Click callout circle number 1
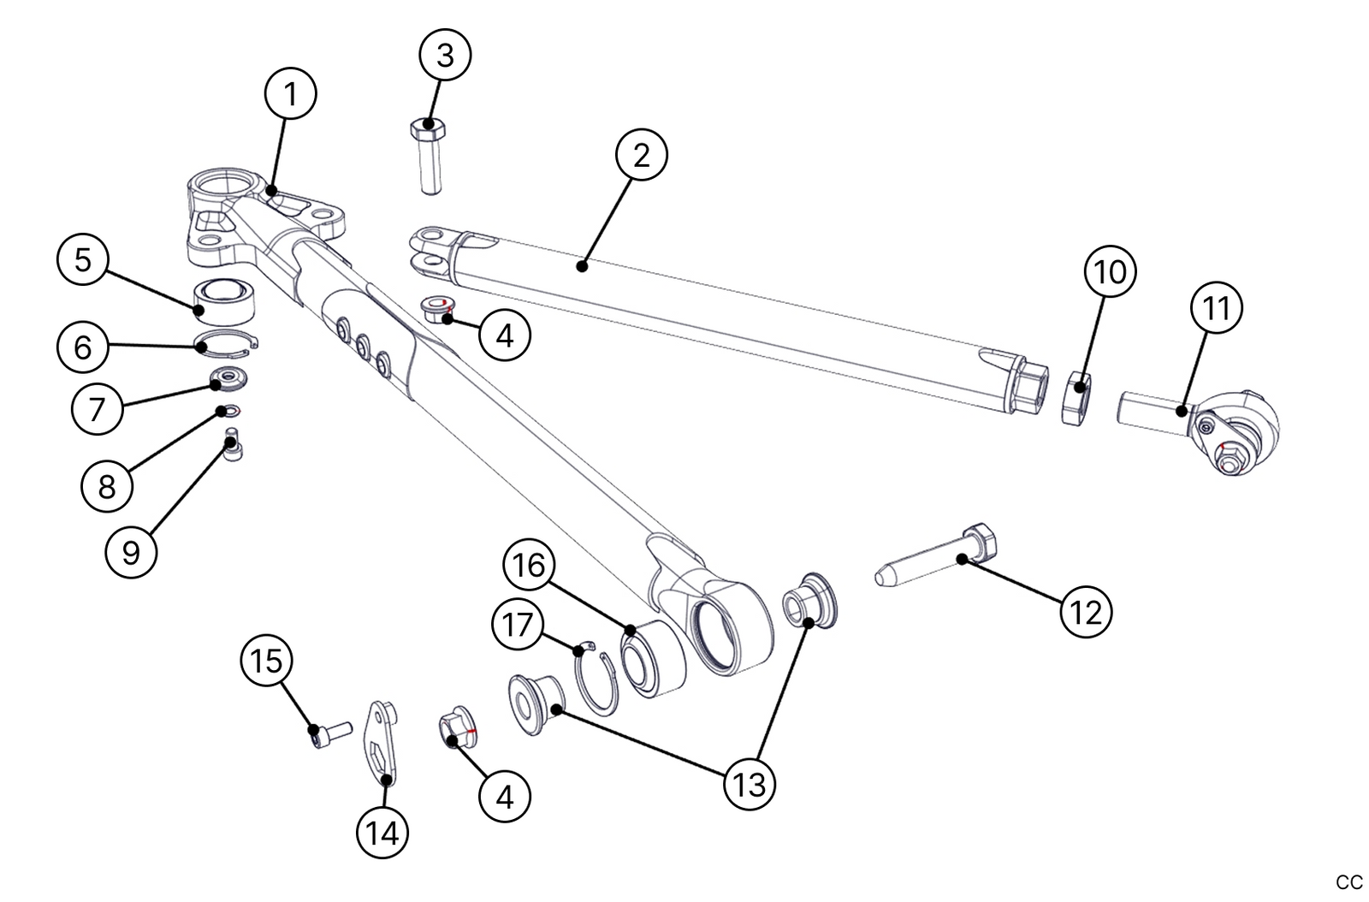[x=290, y=94]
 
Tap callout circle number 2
[x=641, y=155]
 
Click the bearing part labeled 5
[x=225, y=299]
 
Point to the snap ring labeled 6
[x=224, y=343]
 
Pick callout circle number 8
[x=106, y=486]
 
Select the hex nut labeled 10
[x=1077, y=397]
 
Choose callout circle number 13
[x=750, y=783]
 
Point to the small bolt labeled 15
[x=328, y=733]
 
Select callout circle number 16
[x=529, y=565]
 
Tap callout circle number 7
[x=96, y=408]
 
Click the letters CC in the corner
[x=1348, y=882]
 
